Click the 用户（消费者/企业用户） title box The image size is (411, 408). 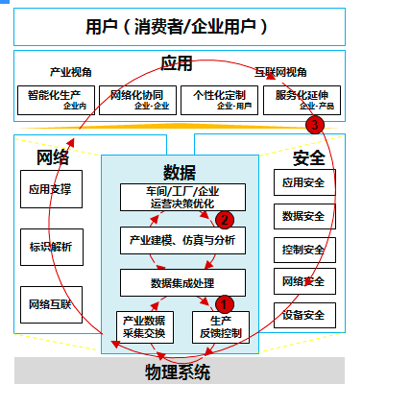179,26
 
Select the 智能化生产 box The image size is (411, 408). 55,100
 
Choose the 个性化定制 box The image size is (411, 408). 219,100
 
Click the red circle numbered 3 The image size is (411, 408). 313,125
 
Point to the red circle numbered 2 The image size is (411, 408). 223,220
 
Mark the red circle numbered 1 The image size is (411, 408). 225,303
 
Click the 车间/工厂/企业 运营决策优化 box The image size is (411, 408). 181,198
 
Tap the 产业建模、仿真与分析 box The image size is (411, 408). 181,239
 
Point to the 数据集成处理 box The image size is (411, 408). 181,282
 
